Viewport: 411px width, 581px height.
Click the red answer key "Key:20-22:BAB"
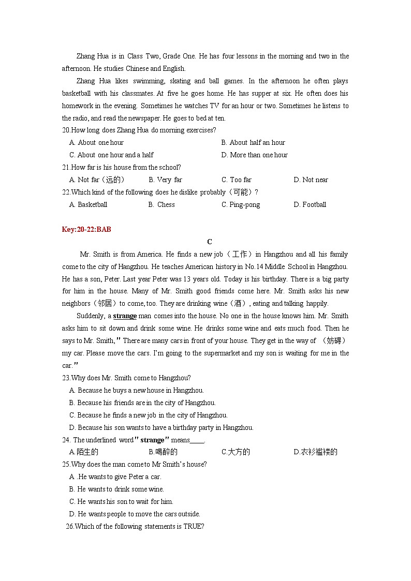pos(86,229)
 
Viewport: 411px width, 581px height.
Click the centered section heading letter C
pos(209,242)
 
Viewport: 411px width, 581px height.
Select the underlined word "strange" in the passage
pos(125,316)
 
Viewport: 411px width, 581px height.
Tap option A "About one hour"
pos(96,142)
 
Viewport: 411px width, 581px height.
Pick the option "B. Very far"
pos(165,180)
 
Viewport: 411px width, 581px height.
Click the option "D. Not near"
pos(311,180)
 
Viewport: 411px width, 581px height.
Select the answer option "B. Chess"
pos(162,204)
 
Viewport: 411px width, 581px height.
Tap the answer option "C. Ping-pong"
pos(241,204)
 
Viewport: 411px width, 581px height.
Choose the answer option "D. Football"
pos(310,204)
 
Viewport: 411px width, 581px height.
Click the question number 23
pos(66,378)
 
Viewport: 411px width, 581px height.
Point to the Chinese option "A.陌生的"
pos(84,452)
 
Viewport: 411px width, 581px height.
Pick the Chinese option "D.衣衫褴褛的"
pos(315,452)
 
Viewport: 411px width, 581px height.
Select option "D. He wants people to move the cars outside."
pos(135,514)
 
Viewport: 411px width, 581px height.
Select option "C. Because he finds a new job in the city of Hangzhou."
pos(148,415)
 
